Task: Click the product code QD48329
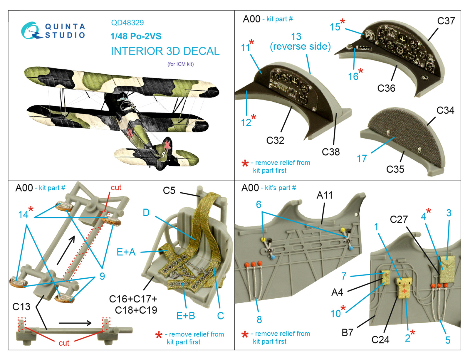pos(127,23)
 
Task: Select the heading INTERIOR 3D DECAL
pos(165,51)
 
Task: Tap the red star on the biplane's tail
pos(167,145)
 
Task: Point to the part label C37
pos(446,21)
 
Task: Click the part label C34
pos(445,110)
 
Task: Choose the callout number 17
pos(362,159)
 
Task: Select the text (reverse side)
pos(300,46)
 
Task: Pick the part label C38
pos(330,152)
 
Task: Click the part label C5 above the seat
pos(169,191)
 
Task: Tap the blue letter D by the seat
pos(146,213)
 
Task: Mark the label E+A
pos(126,252)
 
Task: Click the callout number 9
pos(102,276)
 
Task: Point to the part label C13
pos(21,307)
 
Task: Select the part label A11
pos(324,195)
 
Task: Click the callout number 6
pos(258,204)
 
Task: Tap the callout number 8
pos(259,319)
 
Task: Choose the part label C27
pos(399,219)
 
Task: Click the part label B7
pos(347,332)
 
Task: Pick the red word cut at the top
pos(116,187)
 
